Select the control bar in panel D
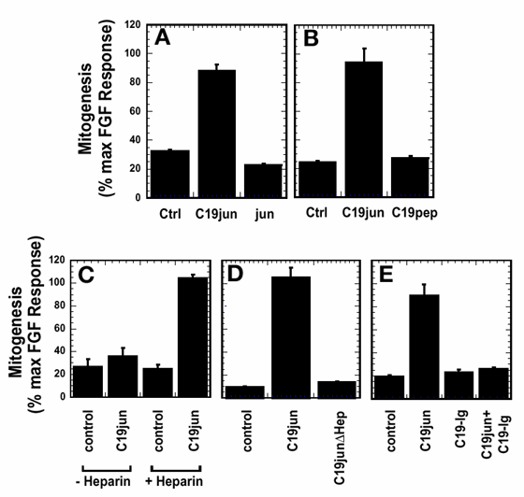click(x=245, y=391)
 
